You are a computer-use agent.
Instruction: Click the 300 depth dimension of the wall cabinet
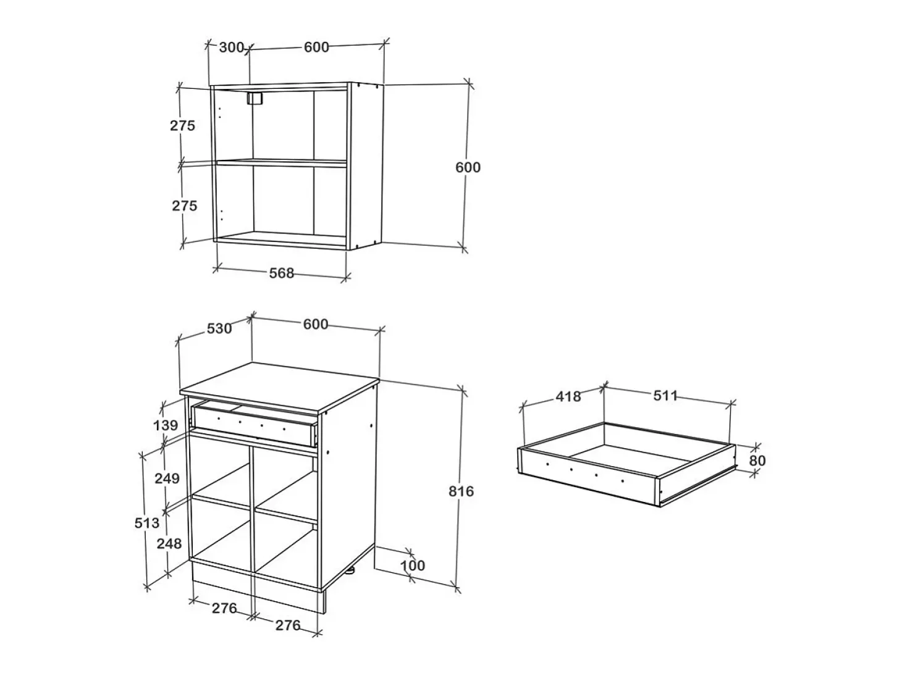tap(231, 48)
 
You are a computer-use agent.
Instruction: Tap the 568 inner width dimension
tap(282, 273)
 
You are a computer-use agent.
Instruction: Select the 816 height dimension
tap(461, 491)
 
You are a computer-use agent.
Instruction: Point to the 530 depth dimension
tap(219, 328)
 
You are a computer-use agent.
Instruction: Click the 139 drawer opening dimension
tap(166, 425)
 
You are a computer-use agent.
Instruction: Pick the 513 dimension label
tap(146, 523)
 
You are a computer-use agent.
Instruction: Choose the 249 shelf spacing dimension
tap(167, 478)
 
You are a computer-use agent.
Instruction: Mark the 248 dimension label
tap(169, 543)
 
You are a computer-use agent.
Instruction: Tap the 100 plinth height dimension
tap(413, 565)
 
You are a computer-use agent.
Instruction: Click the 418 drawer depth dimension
tap(568, 396)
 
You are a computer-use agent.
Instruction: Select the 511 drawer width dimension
tap(665, 396)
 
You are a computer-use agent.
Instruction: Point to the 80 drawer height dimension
tap(757, 461)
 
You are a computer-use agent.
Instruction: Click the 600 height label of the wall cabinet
tap(468, 167)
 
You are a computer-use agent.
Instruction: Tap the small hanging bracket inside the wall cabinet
tap(255, 99)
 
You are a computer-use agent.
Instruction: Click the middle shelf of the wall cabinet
tap(282, 162)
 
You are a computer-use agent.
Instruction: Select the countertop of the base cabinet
tap(279, 387)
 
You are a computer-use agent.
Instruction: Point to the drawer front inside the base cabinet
tap(254, 425)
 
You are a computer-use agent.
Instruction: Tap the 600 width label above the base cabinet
tap(316, 324)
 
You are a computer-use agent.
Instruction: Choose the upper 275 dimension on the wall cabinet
tap(182, 125)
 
